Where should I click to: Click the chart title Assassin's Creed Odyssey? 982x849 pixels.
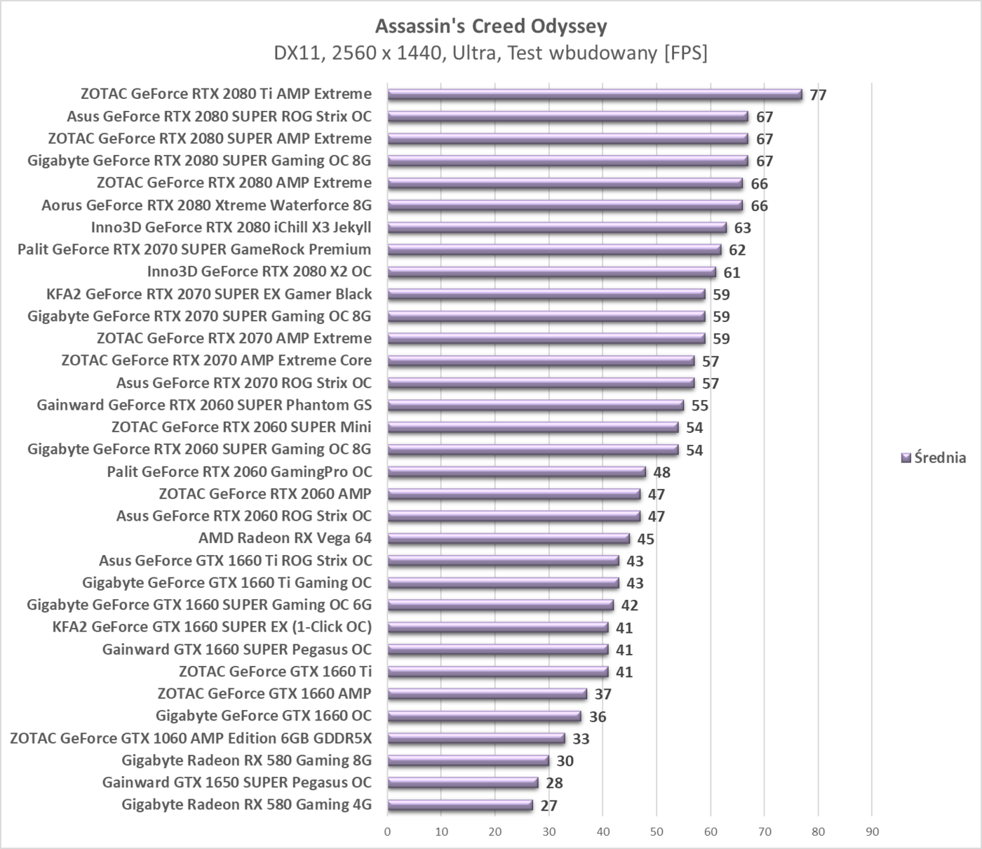click(x=491, y=26)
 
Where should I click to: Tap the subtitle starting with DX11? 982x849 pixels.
click(x=491, y=53)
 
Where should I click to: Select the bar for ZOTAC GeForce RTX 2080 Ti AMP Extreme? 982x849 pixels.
click(x=594, y=95)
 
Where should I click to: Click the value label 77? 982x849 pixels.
click(x=818, y=95)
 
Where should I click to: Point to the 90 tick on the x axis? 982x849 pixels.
click(x=872, y=832)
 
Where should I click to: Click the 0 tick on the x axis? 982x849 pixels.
click(x=388, y=832)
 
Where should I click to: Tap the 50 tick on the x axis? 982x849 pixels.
click(x=657, y=832)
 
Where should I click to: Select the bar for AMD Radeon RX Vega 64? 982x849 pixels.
click(x=509, y=539)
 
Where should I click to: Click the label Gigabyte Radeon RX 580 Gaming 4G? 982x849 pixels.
click(x=246, y=805)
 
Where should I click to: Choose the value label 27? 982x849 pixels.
click(x=549, y=805)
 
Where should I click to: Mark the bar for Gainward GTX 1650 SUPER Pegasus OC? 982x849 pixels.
click(x=463, y=783)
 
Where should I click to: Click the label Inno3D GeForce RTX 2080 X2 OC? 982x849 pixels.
click(x=259, y=272)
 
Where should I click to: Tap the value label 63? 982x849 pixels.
click(x=742, y=228)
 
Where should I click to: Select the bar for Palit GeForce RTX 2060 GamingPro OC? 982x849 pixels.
click(x=516, y=472)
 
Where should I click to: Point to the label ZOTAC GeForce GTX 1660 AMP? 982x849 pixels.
click(x=264, y=694)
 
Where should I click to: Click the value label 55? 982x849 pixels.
click(x=699, y=406)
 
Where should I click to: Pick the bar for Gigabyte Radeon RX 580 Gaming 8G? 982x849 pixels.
click(x=468, y=761)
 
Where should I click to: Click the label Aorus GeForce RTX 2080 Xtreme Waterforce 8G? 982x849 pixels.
click(x=206, y=206)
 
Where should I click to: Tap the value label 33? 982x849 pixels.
click(x=581, y=739)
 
